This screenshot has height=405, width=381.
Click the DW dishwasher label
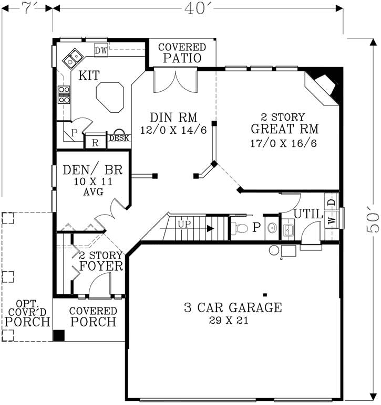pos(101,50)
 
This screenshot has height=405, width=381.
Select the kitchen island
pos(110,96)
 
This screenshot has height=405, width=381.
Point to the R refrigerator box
pos(95,141)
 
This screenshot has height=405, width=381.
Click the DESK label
pos(119,138)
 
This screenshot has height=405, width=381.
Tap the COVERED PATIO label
pos(182,52)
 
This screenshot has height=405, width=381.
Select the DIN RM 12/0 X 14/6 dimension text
pos(166,130)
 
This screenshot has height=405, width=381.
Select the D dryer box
pos(331,202)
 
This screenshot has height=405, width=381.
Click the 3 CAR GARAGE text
pos(233,307)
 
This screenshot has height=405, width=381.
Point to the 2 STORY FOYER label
pos(101,261)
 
